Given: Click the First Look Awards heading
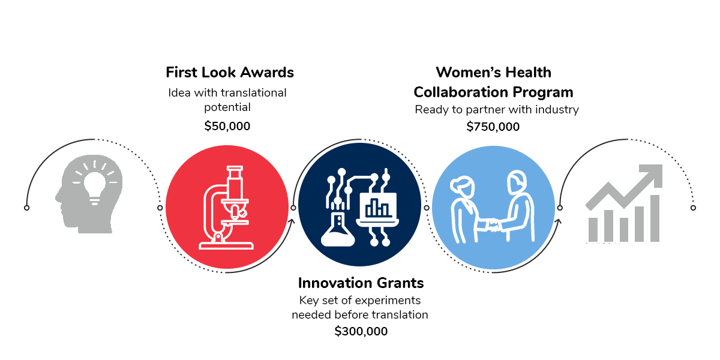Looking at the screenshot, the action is coord(230,73).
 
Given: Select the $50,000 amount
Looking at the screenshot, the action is coord(227,126).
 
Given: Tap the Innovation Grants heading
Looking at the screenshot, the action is coord(361,283).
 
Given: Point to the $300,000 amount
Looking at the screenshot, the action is coord(361,331).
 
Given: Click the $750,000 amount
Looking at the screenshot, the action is coord(493,127).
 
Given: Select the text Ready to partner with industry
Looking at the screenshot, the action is coord(497,110).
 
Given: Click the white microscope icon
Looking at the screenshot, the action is coord(227,208).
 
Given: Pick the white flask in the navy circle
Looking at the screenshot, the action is coord(338,230).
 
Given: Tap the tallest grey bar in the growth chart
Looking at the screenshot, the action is coord(655,218).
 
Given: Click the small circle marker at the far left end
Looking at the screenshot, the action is coord(26,208).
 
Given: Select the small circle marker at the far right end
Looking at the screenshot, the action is coord(694,208).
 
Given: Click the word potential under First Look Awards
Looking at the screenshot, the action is coord(227,107).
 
